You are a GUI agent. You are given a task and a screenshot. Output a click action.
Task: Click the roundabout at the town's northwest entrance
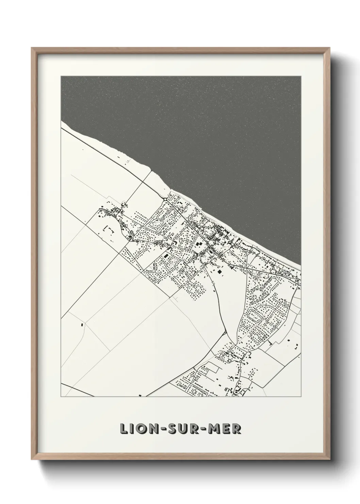(x=165, y=199)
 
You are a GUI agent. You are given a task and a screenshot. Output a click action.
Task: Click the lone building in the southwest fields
(x=82, y=325)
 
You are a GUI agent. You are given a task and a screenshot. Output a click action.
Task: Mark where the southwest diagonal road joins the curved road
(x=225, y=332)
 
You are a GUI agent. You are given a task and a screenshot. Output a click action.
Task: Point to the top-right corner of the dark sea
(x=300, y=77)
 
